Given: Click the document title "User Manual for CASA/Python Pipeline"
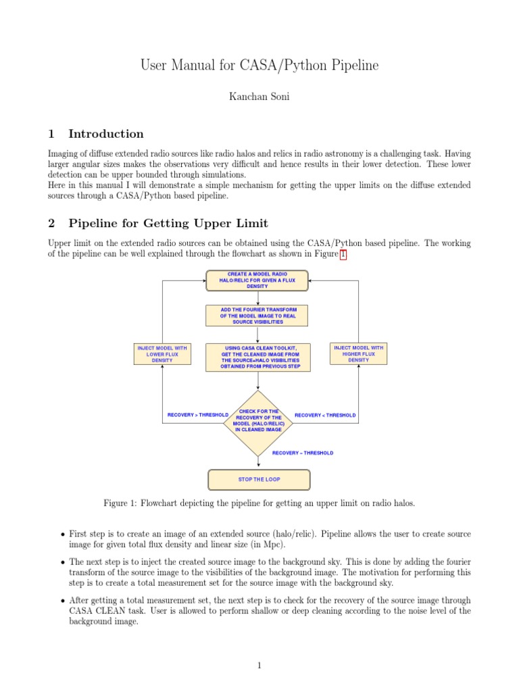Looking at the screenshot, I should point(259,66).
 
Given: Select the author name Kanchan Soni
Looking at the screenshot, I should point(259,98).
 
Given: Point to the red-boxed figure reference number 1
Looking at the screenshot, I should point(343,255).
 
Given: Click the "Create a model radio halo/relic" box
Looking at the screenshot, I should point(257,280).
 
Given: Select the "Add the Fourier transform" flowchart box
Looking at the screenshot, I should point(257,316).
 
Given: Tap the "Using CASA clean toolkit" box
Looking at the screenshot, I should point(257,357).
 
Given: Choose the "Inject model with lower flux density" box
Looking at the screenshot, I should point(162,354).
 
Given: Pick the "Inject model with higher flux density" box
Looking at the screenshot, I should point(358,354).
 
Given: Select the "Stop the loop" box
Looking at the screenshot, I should point(258,479).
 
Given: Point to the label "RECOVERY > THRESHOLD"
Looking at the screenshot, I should point(197,415).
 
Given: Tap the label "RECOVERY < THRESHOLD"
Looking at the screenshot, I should point(325,415).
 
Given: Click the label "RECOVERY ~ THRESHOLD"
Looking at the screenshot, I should point(302,453).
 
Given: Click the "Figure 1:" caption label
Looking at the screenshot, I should point(120,503).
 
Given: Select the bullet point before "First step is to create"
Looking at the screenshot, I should point(63,535).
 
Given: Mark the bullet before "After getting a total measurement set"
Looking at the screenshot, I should point(63,600).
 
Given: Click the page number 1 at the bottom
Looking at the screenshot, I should point(259,666).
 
